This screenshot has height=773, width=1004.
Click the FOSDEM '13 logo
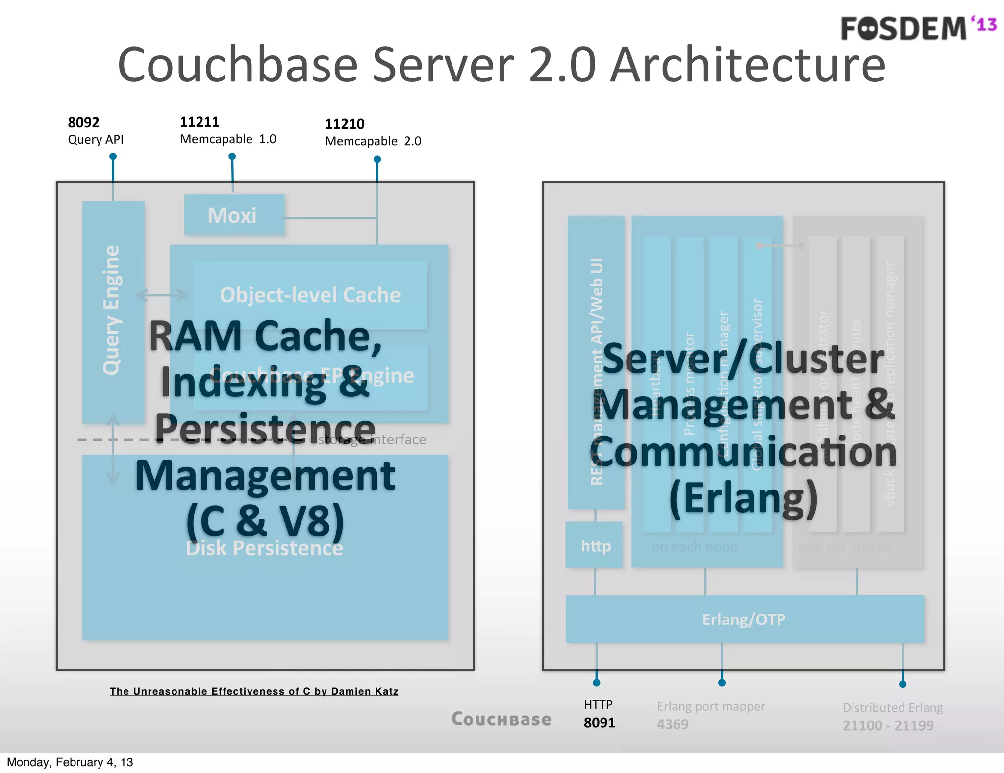pos(918,28)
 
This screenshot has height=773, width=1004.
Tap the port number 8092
pos(83,122)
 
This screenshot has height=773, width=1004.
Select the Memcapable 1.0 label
pos(228,139)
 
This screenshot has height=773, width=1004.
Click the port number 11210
pos(345,124)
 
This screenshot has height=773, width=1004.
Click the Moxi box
pos(234,215)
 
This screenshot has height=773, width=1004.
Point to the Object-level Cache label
pos(310,295)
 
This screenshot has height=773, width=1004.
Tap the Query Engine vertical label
pos(112,310)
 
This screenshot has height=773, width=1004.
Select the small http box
pos(595,546)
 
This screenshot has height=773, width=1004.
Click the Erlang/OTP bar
pos(744,619)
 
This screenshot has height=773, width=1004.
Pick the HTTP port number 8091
pos(599,723)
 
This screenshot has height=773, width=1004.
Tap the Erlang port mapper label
pos(710,706)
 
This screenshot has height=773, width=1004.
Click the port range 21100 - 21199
pos(888,725)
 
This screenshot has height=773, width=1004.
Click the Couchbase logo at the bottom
pos(501,720)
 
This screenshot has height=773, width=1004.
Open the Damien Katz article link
pos(254,691)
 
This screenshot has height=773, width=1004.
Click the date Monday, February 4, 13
pos(70,762)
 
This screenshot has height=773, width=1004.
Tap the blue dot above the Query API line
pos(113,156)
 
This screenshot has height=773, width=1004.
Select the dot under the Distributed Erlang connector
pos(903,684)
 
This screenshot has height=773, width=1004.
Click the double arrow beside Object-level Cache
pos(162,295)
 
